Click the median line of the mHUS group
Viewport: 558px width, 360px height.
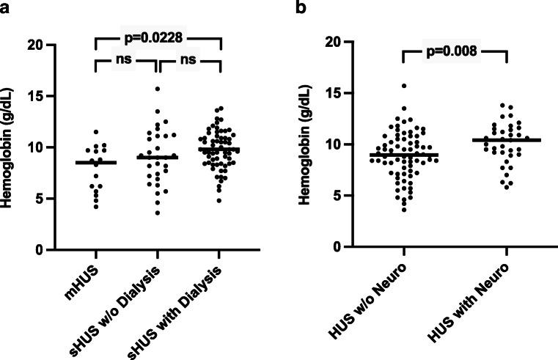tap(95, 163)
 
